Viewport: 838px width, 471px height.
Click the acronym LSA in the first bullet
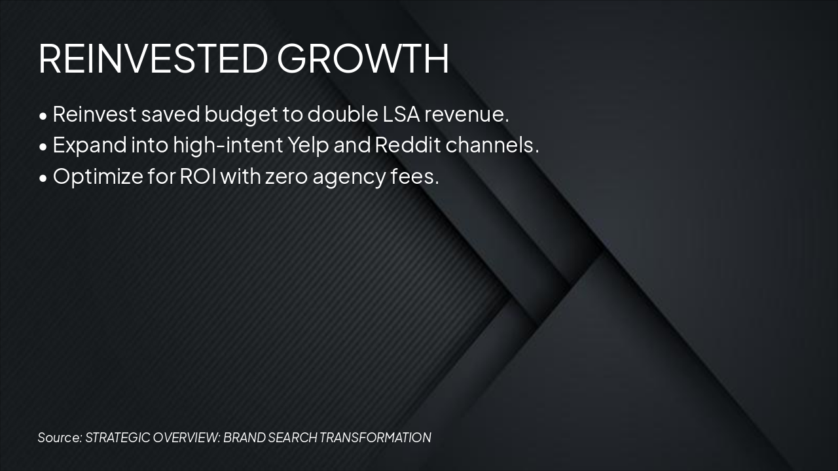[400, 114]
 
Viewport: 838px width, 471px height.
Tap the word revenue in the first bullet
[466, 114]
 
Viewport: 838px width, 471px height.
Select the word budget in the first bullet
[241, 115]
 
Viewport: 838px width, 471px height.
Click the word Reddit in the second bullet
[407, 145]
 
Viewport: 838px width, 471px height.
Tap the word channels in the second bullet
[492, 145]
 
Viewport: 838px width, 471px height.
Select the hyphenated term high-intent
[224, 145]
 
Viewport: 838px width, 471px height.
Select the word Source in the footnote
[60, 438]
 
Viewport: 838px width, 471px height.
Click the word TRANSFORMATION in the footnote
[375, 438]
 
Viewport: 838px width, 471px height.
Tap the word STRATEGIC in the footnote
[117, 438]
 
